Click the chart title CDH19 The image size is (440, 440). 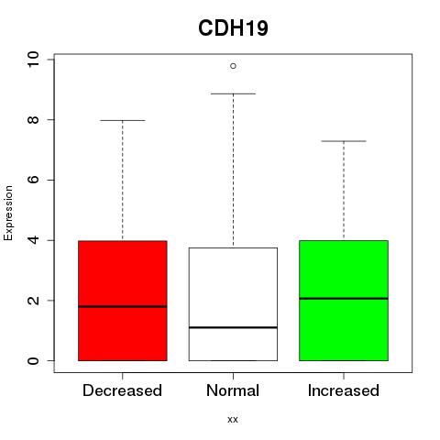click(x=233, y=28)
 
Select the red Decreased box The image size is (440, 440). click(x=123, y=301)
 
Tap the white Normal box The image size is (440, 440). click(x=233, y=304)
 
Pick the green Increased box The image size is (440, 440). click(x=344, y=301)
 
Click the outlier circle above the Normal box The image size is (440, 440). click(x=233, y=66)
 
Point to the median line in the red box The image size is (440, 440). click(x=123, y=306)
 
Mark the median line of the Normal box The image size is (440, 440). click(x=233, y=327)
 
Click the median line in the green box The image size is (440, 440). click(x=344, y=299)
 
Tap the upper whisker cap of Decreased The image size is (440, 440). click(x=123, y=120)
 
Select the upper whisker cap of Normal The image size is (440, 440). click(x=233, y=93)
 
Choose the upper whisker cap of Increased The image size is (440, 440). click(x=344, y=141)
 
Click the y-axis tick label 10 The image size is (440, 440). click(x=33, y=60)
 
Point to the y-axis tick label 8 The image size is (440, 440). click(x=33, y=119)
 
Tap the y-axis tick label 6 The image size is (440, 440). click(x=33, y=180)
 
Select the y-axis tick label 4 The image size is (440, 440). click(x=33, y=240)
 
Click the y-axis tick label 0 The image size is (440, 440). click(x=33, y=360)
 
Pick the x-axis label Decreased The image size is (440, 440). click(x=122, y=390)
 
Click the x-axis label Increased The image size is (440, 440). click(x=344, y=390)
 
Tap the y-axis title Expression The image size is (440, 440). click(x=8, y=213)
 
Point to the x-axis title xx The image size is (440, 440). click(x=233, y=420)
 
